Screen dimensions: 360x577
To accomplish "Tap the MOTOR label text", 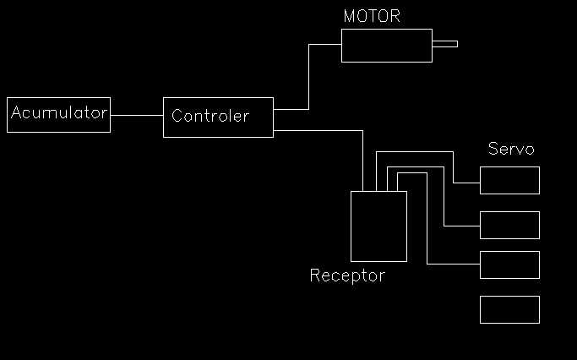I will pos(372,17).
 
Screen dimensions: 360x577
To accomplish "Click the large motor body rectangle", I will pos(387,46).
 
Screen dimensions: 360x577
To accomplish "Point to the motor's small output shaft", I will pos(445,44).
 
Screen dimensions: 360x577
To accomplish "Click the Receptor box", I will pos(378,226).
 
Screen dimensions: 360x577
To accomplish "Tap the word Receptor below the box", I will pos(347,275).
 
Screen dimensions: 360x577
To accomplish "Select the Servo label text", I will pos(511,150).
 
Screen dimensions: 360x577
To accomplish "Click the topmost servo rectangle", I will pos(509,180).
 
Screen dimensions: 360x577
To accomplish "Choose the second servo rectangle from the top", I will pos(509,225).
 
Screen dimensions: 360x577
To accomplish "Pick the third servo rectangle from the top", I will pos(509,265).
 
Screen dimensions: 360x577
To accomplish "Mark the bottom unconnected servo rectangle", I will pos(509,309).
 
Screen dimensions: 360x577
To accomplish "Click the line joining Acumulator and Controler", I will pos(136,115).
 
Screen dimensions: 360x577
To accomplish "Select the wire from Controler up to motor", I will pos(308,76).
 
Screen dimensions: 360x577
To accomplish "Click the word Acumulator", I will pos(59,112).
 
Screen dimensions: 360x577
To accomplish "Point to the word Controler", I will pos(210,116).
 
